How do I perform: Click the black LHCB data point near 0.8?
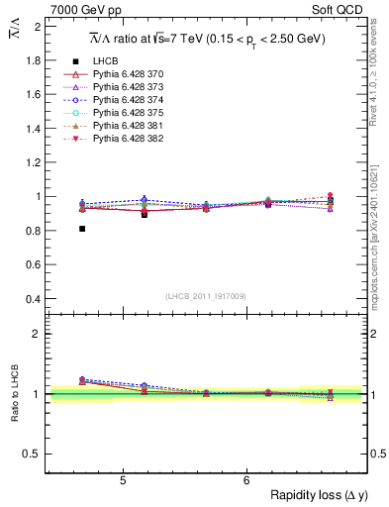[x=82, y=229]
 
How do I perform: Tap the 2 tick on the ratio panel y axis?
[x=38, y=334]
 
